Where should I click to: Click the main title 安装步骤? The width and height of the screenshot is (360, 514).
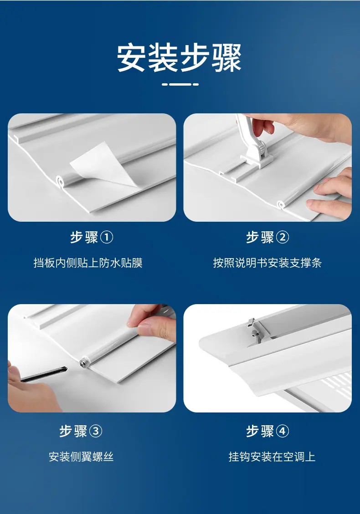[x=180, y=58]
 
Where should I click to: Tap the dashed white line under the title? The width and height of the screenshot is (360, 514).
[x=180, y=84]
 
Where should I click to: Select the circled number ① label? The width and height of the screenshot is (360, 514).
[x=106, y=237]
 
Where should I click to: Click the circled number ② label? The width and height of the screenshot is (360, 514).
[x=282, y=237]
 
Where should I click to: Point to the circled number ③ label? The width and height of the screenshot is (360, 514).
[x=96, y=431]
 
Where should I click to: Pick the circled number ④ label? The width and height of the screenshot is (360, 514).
[x=282, y=431]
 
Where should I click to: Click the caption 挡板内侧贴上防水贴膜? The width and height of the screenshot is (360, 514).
[x=88, y=263]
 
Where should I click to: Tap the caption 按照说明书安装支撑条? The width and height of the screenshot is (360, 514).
[x=267, y=263]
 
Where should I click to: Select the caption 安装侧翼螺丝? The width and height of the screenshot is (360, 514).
[x=81, y=457]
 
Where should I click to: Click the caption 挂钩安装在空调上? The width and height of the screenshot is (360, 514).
[x=272, y=457]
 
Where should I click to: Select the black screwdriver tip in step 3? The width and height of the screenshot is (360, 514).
[x=63, y=369]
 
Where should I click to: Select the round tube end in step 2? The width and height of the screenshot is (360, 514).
[x=281, y=205]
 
